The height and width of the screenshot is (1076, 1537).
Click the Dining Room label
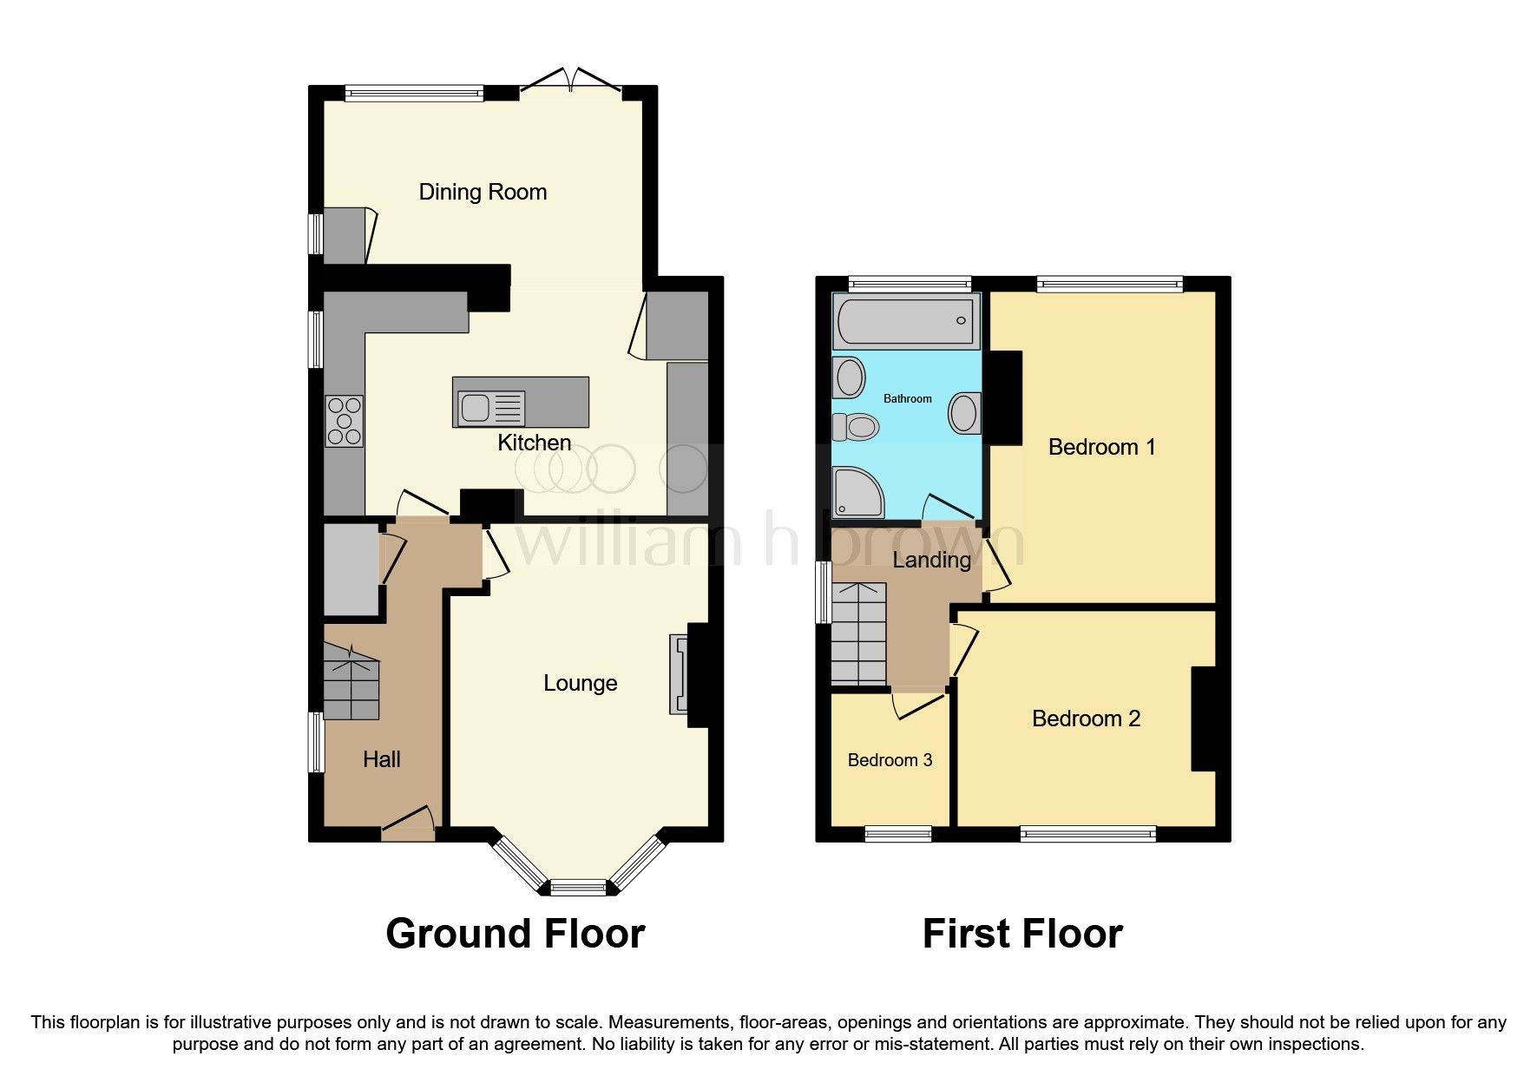click(x=483, y=192)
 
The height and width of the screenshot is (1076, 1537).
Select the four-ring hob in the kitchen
click(x=344, y=421)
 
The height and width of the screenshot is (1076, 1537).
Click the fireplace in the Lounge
click(x=678, y=674)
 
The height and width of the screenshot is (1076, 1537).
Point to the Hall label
click(x=381, y=759)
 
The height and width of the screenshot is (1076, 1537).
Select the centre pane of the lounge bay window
click(x=578, y=887)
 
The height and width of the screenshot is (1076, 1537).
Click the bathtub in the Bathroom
click(x=906, y=319)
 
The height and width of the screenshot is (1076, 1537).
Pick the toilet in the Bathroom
click(x=856, y=426)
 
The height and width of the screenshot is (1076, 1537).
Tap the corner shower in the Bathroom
click(x=856, y=491)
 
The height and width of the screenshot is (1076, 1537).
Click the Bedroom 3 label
click(x=890, y=760)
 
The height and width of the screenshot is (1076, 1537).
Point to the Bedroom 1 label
click(x=1101, y=447)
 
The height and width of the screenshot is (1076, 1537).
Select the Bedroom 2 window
click(x=1087, y=834)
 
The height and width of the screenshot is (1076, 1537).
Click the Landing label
click(x=931, y=560)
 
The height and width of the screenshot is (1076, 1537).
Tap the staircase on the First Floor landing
click(x=858, y=633)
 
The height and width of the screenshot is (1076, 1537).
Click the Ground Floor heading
click(x=515, y=934)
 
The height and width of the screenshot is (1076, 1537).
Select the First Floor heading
click(x=1021, y=934)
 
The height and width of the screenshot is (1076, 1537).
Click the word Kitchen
click(x=534, y=443)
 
